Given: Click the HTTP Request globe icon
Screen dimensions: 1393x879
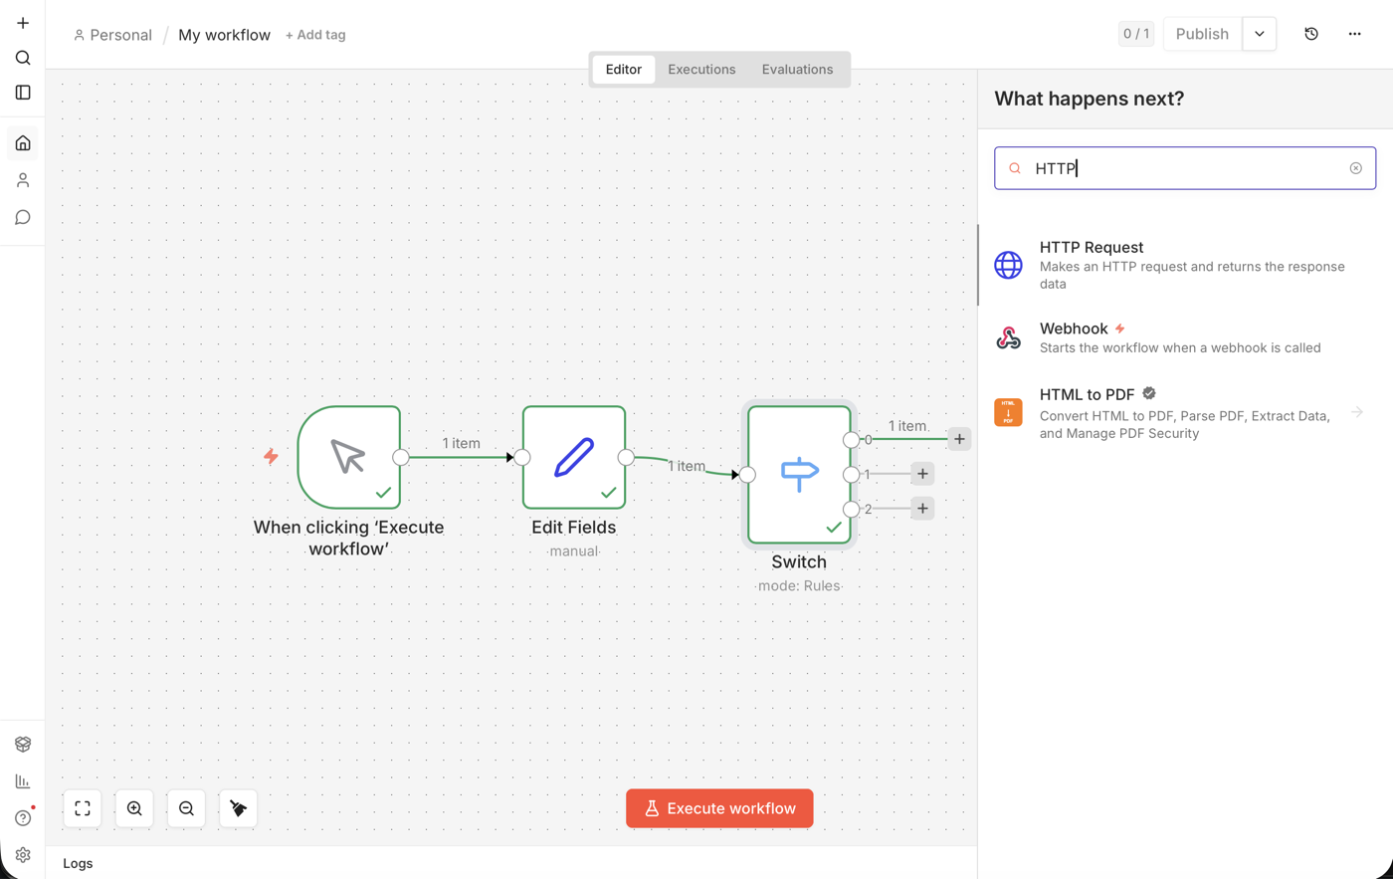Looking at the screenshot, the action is pos(1008,265).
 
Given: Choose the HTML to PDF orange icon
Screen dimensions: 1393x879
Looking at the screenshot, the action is pos(1008,412).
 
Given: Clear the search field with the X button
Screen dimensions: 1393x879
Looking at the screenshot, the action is pos(1355,168).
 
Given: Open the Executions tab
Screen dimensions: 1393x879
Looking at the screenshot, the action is pos(701,69).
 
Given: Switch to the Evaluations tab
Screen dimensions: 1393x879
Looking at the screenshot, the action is pos(797,69).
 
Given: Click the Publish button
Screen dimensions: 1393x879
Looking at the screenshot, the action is pos(1202,34).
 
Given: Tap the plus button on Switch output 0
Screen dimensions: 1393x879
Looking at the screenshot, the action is pos(959,439).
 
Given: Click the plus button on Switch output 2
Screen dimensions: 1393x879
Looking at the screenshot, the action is pos(922,509).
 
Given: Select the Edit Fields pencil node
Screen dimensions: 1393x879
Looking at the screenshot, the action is pos(574,457).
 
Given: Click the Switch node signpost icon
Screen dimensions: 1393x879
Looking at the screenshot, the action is pos(799,474).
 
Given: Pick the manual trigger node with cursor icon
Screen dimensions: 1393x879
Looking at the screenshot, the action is pos(349,457).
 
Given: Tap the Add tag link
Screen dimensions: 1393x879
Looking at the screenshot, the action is pos(315,35).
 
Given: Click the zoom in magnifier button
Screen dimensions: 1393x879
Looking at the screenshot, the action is pos(134,808).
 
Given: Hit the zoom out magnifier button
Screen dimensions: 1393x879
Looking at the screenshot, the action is pos(186,808).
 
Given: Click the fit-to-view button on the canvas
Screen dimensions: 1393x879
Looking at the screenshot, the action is pos(83,808).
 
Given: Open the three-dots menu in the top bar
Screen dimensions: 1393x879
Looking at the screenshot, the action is pos(1354,34).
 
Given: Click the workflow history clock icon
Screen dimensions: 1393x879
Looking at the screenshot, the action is pos(1311,34).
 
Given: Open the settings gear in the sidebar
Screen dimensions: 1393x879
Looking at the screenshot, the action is pos(23,855).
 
